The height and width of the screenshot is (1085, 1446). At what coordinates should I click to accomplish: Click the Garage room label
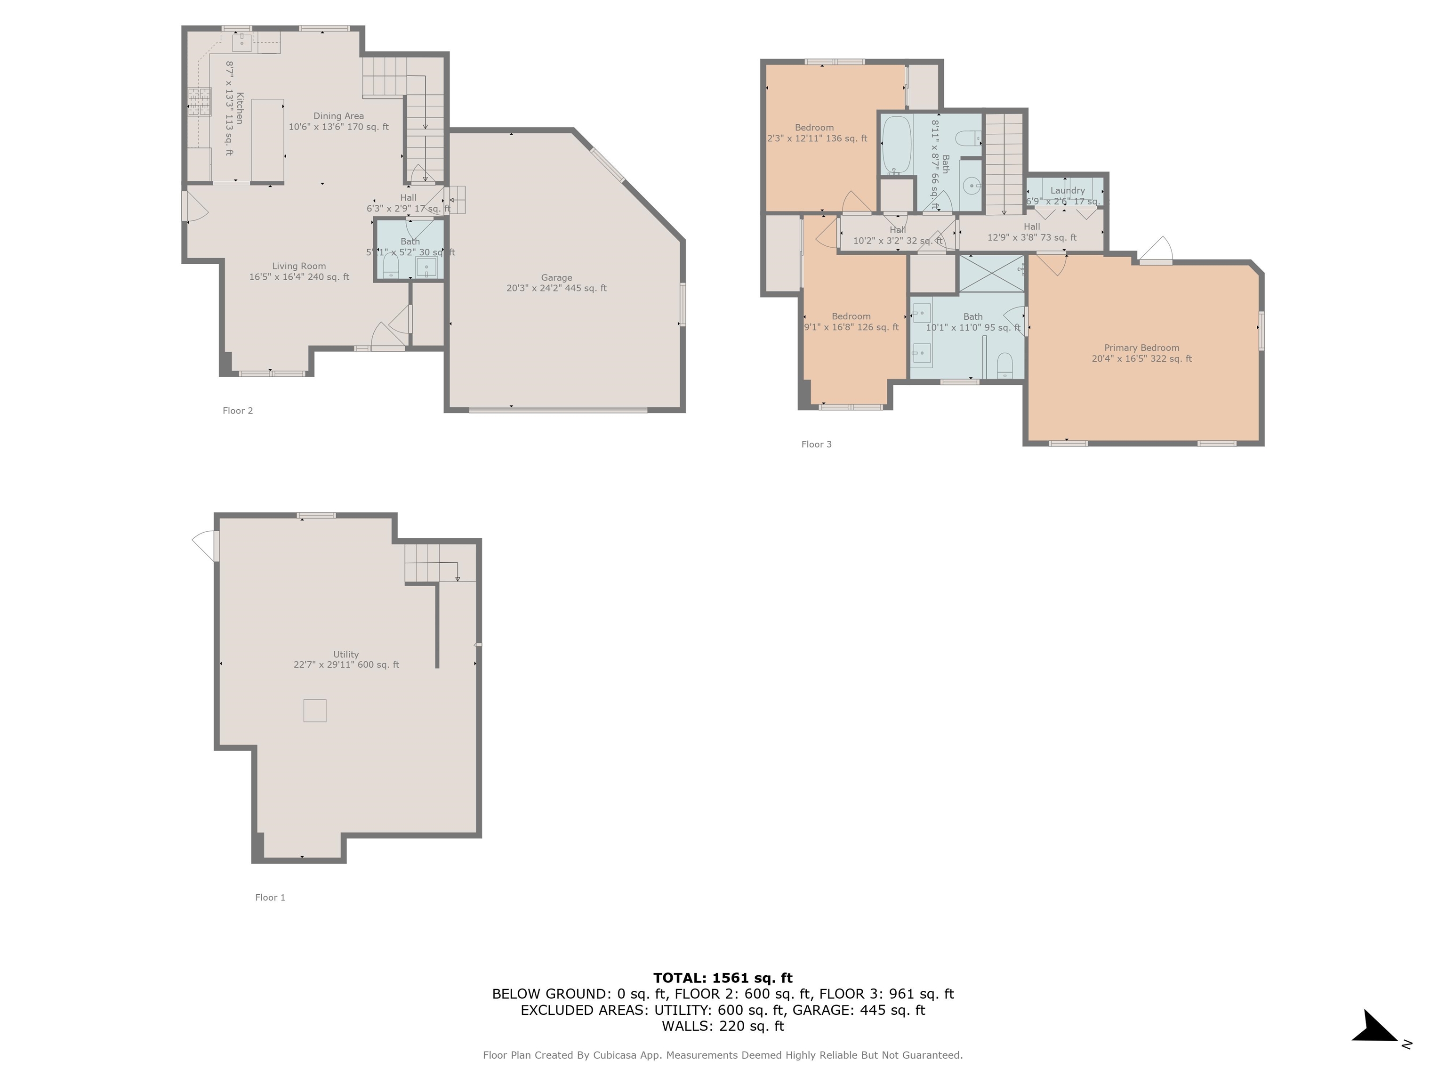pos(556,278)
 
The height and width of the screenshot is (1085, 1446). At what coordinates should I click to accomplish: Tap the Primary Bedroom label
pos(1141,348)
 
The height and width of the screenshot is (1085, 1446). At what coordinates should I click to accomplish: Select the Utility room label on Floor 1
pos(346,654)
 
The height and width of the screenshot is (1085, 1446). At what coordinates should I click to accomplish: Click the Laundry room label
pos(1067,190)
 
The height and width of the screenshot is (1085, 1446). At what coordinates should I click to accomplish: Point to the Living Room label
pos(299,266)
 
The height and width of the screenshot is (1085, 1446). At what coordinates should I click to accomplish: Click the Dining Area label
pos(338,116)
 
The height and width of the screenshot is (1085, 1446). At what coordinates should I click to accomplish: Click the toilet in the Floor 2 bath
pos(391,265)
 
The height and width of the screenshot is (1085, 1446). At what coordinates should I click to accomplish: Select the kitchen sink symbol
pos(242,42)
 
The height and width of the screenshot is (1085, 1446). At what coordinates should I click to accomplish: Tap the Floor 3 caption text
pos(817,444)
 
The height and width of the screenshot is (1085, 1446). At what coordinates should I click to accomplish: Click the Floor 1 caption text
pos(270,897)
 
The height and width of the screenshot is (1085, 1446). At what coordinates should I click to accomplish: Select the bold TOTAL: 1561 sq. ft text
pos(723,978)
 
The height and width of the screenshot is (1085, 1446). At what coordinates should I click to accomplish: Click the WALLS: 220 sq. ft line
pos(723,1026)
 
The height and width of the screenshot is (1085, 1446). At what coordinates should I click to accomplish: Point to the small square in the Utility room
pos(314,710)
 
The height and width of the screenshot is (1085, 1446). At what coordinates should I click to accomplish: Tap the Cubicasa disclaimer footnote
pos(723,1055)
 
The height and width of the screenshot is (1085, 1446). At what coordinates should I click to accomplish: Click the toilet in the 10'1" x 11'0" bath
pos(1005,365)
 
